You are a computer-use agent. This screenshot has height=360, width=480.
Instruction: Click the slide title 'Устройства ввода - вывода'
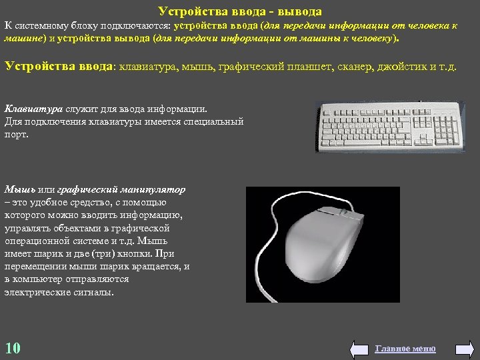click(240, 11)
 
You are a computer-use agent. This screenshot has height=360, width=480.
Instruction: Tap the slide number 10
click(13, 348)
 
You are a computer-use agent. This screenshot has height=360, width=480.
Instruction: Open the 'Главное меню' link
click(405, 349)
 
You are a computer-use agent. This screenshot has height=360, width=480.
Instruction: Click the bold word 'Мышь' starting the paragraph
click(17, 190)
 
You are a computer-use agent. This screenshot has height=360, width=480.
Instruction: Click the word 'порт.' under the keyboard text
click(17, 134)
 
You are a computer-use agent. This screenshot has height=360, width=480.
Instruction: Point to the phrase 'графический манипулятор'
click(121, 190)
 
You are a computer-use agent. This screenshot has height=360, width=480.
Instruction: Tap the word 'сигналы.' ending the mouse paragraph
click(95, 292)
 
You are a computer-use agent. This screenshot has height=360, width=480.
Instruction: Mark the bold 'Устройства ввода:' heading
click(61, 66)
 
